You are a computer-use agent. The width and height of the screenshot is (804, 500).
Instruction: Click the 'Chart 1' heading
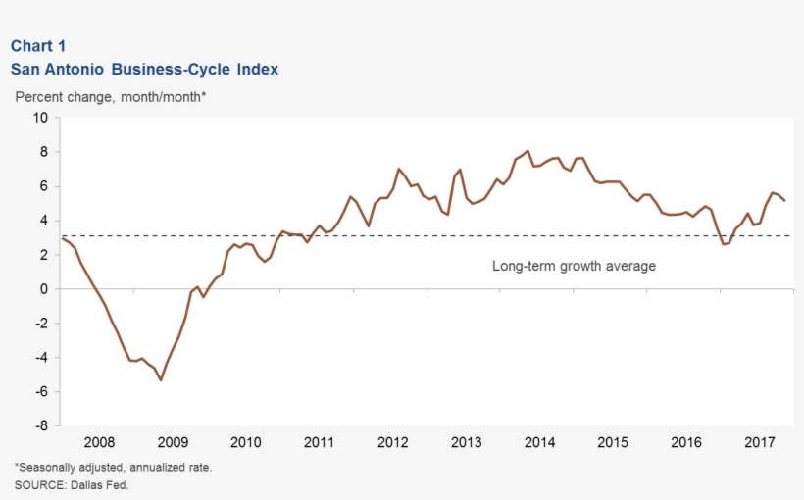tap(38, 46)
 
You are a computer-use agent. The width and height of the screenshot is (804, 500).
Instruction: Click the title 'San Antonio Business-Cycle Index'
tap(144, 70)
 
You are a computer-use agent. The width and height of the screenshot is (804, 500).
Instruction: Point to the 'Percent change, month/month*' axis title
tap(110, 97)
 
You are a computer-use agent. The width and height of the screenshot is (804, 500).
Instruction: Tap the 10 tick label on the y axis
tap(40, 118)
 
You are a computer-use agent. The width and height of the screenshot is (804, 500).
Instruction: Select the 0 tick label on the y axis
tap(44, 289)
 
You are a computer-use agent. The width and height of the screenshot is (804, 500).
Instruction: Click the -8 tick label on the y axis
tap(40, 426)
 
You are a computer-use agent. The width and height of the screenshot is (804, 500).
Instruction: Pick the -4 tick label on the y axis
tap(40, 358)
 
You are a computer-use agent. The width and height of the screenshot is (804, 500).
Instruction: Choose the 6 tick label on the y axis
tap(44, 186)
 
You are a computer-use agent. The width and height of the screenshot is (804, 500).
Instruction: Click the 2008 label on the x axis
tap(98, 442)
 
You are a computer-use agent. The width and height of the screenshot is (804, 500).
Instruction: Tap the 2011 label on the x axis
tap(319, 442)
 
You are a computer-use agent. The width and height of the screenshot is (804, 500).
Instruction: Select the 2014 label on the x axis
tap(539, 442)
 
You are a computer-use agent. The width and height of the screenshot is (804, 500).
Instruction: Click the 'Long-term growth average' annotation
tap(574, 266)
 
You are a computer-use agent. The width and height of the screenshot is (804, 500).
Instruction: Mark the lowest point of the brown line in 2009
tap(161, 380)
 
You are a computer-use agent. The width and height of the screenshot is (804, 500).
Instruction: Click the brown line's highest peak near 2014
tap(528, 151)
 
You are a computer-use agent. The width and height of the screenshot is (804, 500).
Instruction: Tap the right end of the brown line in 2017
tap(784, 200)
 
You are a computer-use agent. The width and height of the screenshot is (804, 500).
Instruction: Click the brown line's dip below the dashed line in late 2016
tap(724, 244)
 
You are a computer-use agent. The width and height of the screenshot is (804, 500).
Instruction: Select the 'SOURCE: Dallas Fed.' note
tap(71, 484)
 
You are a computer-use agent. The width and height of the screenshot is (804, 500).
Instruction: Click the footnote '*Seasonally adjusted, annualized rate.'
tap(113, 467)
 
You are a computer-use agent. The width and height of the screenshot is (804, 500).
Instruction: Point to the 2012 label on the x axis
tap(392, 442)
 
